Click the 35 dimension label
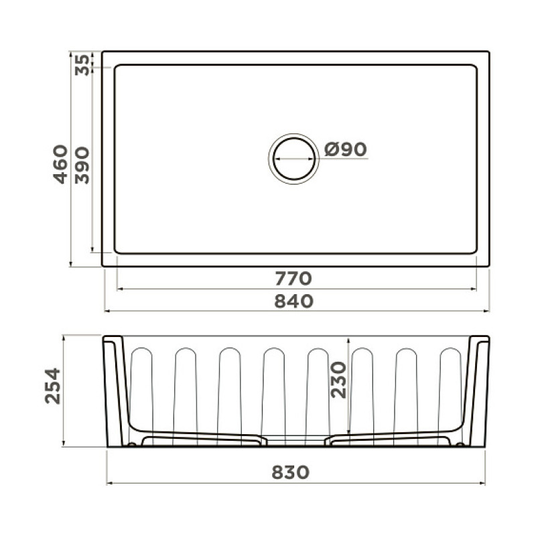[x=82, y=64]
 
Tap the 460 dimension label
[x=60, y=164]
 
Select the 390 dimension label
[x=82, y=165]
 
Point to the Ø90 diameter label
[x=345, y=149]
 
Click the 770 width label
[x=293, y=278]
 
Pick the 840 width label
[x=294, y=301]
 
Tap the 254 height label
[x=53, y=386]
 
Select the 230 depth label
[x=339, y=380]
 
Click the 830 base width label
[x=291, y=472]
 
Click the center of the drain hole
[x=294, y=159]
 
